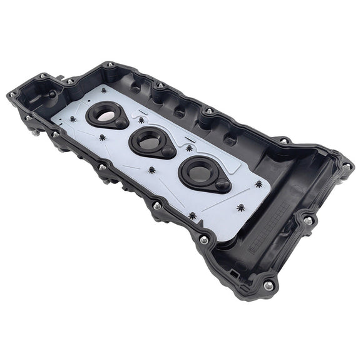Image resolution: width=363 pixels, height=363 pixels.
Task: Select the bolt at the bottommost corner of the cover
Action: tap(268, 285)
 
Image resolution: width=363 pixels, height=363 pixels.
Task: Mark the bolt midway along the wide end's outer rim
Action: tap(309, 220)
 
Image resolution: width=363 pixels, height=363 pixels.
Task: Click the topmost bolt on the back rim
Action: tap(110, 64)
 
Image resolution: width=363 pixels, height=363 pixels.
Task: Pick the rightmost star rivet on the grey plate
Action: tap(259, 184)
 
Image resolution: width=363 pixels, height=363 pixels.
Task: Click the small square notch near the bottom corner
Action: tap(233, 274)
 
